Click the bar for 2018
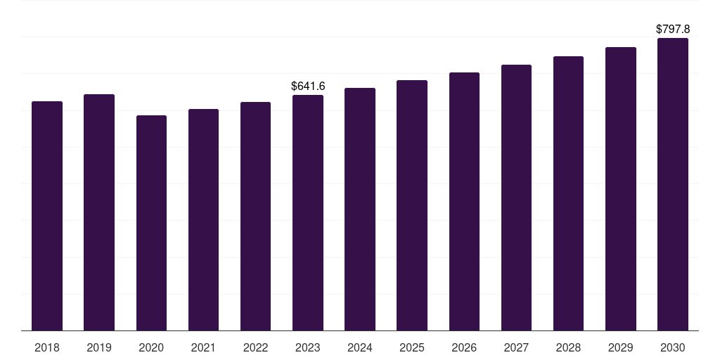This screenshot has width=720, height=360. pos(47,216)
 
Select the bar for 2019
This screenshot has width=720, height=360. pos(99,212)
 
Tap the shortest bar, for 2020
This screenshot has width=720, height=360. pos(151,223)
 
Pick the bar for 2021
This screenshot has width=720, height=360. pos(203,219)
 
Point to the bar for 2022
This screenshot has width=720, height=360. pos(255,216)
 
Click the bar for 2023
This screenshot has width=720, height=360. pos(308,212)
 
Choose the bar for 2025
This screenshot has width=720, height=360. pos(412,205)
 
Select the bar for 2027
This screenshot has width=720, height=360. pos(516,198)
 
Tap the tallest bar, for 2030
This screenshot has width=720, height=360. pos(673,184)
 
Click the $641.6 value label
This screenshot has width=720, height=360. pos(308,86)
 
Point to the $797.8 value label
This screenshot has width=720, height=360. pos(673,30)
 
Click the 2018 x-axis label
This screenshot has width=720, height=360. pos(47,347)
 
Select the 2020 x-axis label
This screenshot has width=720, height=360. pos(151,347)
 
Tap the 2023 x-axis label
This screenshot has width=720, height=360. pos(308,347)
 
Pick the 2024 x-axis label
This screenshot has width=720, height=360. pos(360,347)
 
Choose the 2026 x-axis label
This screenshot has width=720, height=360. pos(464,347)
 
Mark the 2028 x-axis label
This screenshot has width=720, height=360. pos(568,347)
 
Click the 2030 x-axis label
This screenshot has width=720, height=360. pos(673,347)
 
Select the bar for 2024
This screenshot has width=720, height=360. pos(360,209)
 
